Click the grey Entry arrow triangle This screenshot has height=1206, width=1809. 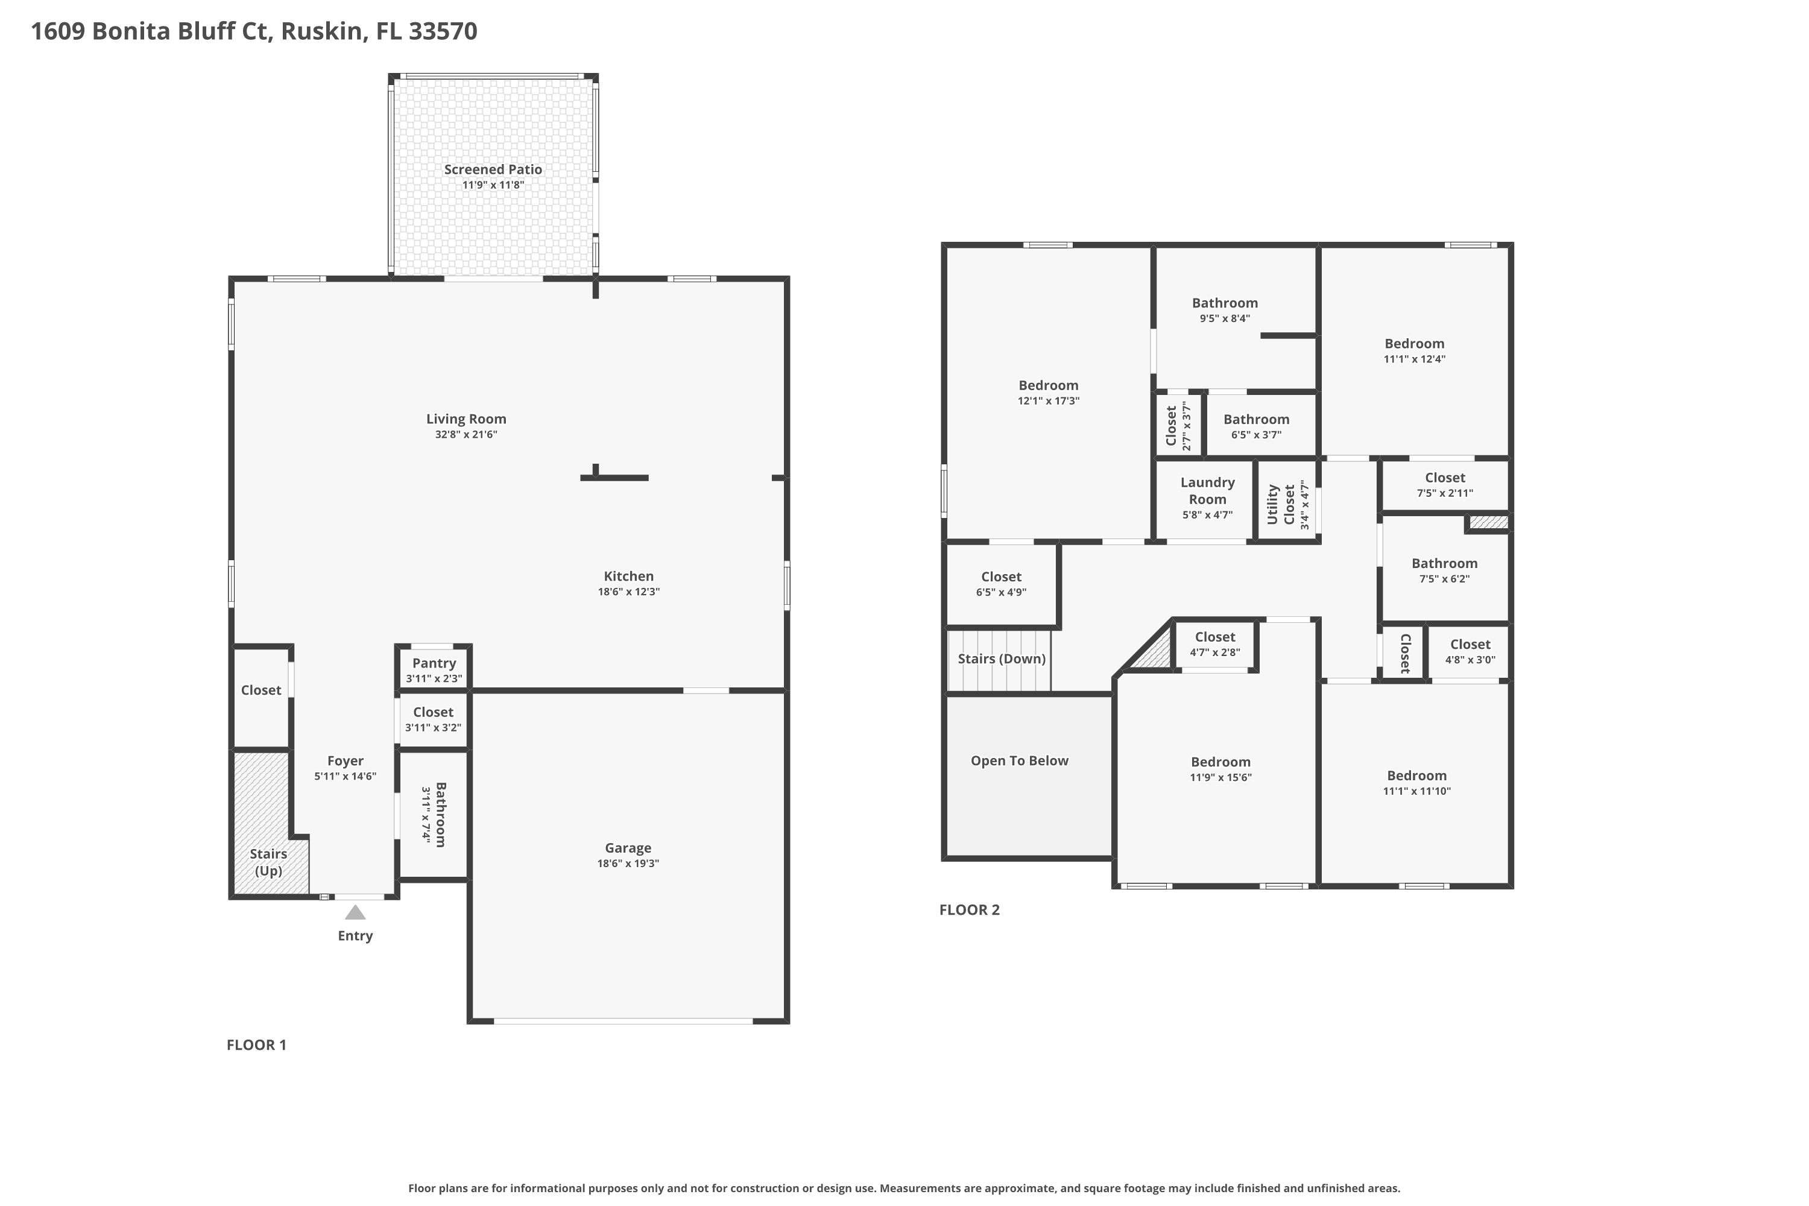(355, 913)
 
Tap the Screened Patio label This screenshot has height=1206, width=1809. (493, 169)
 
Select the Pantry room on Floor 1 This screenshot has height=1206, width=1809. (434, 669)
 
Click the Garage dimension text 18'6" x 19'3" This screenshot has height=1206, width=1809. (628, 863)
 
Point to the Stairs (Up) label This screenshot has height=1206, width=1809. (268, 862)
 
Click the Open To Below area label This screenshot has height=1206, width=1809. (1019, 760)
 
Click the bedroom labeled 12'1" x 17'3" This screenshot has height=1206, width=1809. (1049, 393)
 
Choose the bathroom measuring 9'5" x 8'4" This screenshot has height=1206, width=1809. (1225, 310)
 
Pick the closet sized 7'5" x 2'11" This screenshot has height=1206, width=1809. (1444, 485)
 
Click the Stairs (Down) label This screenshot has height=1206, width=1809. (1000, 658)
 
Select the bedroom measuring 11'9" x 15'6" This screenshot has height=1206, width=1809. (1220, 769)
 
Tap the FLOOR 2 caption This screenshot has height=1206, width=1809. (969, 910)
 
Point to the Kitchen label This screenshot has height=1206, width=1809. (628, 576)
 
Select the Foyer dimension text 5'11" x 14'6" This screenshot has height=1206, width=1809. (344, 776)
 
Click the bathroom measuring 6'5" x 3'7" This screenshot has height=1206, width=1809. (1256, 426)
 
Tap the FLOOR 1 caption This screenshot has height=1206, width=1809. (256, 1044)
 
